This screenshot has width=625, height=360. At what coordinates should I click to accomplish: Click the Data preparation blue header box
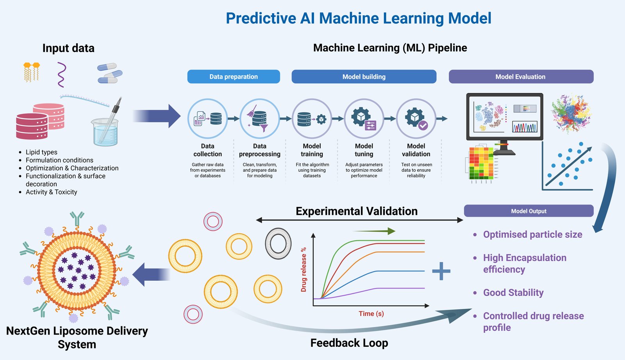pyautogui.click(x=234, y=77)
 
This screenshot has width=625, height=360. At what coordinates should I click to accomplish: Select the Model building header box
pyautogui.click(x=364, y=77)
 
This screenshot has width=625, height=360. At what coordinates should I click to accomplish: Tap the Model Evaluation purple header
pyautogui.click(x=521, y=77)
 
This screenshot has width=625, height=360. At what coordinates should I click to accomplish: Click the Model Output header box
pyautogui.click(x=529, y=211)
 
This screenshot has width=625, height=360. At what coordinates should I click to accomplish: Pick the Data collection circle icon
pyautogui.click(x=207, y=118)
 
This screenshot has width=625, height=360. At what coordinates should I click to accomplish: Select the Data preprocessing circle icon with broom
pyautogui.click(x=259, y=118)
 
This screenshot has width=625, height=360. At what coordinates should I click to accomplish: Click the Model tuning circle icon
pyautogui.click(x=364, y=118)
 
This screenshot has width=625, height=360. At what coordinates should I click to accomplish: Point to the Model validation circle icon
pyautogui.click(x=416, y=118)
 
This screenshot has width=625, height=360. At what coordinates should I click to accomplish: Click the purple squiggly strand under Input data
pyautogui.click(x=61, y=74)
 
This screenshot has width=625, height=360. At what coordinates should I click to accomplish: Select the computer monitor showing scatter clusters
pyautogui.click(x=504, y=117)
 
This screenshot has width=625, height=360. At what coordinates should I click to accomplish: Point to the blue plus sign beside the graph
pyautogui.click(x=441, y=271)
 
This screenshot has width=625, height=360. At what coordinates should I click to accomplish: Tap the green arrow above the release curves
pyautogui.click(x=375, y=231)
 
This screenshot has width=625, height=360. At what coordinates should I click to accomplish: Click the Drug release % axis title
pyautogui.click(x=304, y=269)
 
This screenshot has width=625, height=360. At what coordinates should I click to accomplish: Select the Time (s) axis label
pyautogui.click(x=371, y=314)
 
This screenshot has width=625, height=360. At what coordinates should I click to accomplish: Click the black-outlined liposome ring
pyautogui.click(x=278, y=244)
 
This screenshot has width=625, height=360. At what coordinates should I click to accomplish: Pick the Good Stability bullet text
pyautogui.click(x=513, y=292)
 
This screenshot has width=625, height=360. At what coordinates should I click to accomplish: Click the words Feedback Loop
pyautogui.click(x=349, y=343)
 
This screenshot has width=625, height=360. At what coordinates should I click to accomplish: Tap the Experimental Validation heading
pyautogui.click(x=356, y=211)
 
